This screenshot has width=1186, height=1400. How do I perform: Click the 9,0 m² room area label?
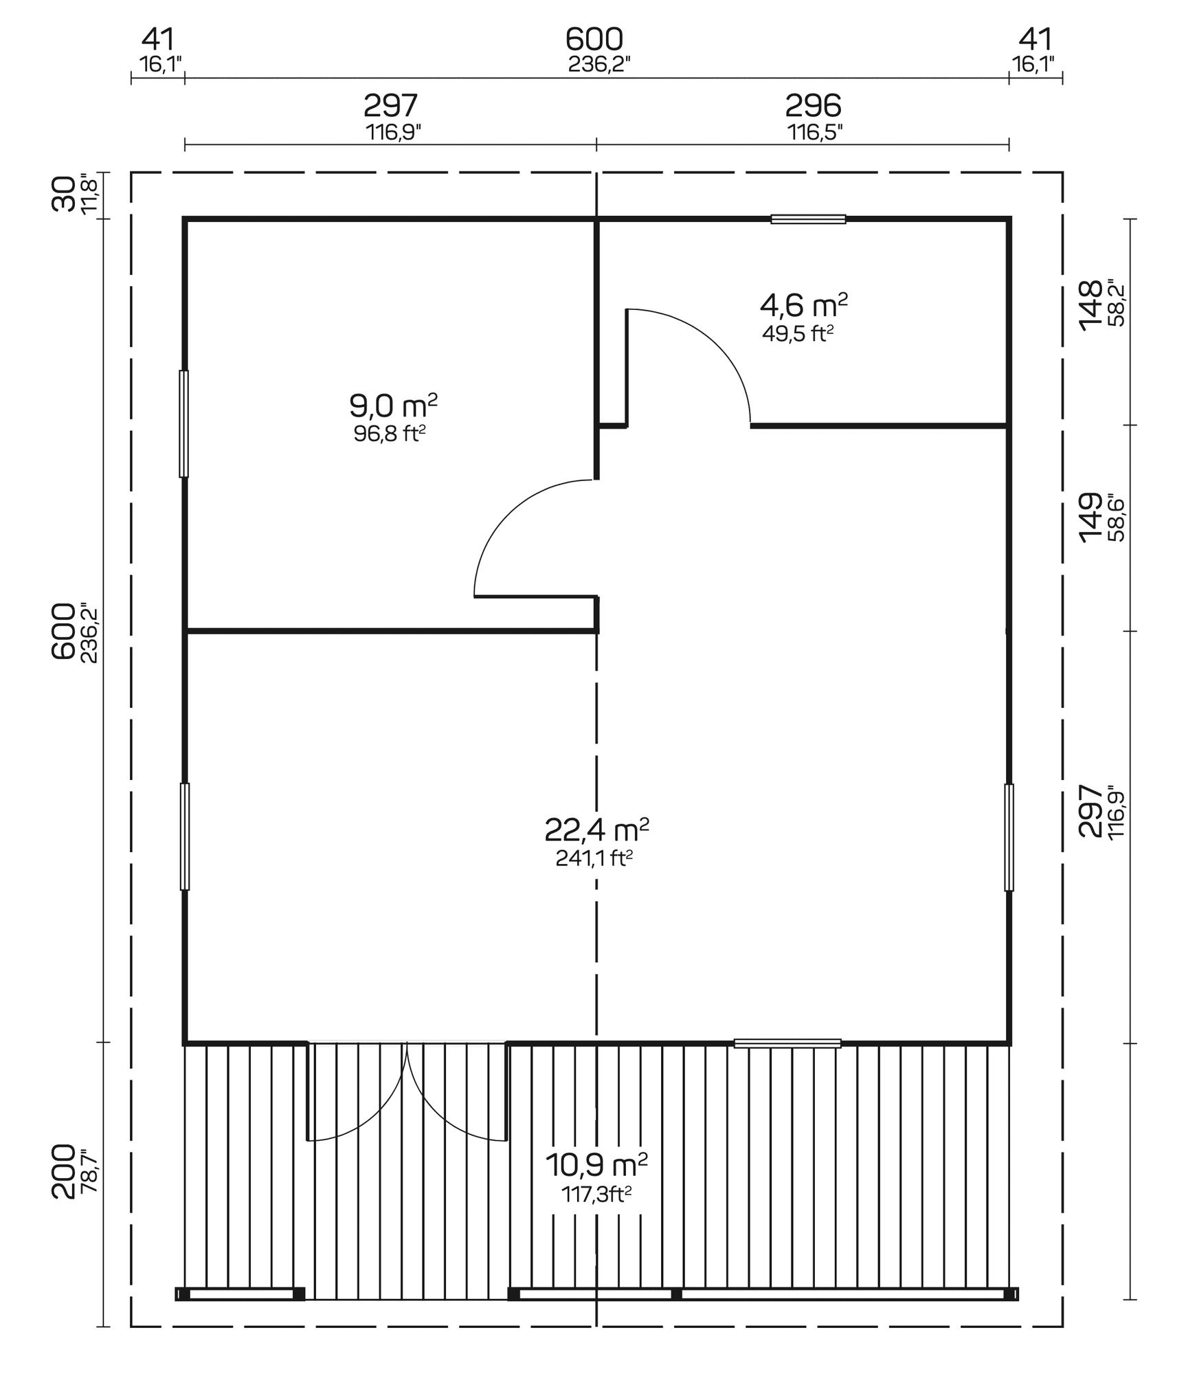tap(393, 407)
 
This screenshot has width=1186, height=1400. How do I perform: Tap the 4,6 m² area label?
tap(803, 305)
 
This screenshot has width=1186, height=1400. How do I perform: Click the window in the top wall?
tap(807, 219)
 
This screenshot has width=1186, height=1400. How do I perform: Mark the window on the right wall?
tap(1009, 837)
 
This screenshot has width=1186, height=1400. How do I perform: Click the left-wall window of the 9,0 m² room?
tap(183, 423)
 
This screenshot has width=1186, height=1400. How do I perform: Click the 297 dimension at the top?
tap(390, 107)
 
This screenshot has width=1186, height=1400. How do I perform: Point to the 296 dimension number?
tap(813, 107)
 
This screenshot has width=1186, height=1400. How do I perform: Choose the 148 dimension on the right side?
tap(1090, 305)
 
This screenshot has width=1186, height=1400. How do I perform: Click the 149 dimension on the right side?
tap(1090, 518)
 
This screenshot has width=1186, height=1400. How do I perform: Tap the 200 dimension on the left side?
tap(63, 1171)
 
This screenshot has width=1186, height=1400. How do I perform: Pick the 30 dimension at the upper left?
tap(63, 194)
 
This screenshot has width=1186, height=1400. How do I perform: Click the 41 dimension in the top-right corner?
tap(1035, 40)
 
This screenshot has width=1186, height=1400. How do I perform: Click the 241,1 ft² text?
tap(594, 858)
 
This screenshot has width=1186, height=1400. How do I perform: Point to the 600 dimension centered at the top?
tap(594, 40)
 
